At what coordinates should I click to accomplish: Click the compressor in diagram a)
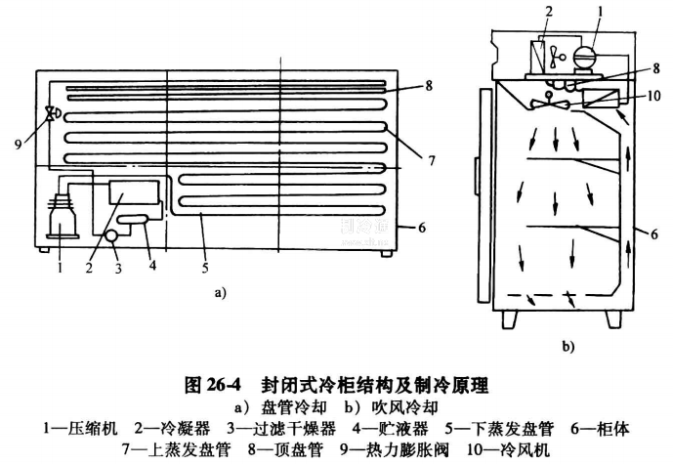[x=63, y=210]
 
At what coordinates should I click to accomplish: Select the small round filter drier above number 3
[x=111, y=233]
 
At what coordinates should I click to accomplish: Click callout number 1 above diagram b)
[x=599, y=13]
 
